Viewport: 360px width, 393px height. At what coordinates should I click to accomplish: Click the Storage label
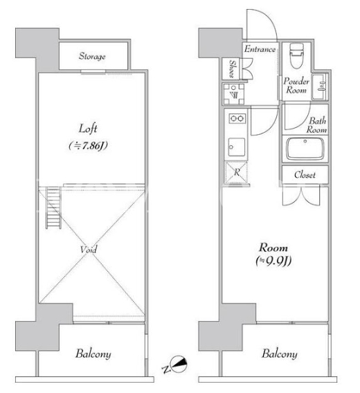92,56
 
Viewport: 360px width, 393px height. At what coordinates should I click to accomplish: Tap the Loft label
88,129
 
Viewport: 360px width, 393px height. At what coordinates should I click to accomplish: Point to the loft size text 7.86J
88,145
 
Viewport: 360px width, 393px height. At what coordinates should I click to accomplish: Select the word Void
89,249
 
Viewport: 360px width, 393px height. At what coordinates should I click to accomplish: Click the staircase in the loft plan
53,208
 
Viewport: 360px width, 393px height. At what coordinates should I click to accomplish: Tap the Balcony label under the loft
93,354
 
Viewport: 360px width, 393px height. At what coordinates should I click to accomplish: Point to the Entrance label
260,49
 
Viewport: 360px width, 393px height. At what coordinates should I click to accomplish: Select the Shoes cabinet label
233,68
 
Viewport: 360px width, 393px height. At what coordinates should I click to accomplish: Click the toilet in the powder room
297,55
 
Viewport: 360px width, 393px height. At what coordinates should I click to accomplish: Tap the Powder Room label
296,85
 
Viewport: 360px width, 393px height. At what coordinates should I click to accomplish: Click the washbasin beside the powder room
319,86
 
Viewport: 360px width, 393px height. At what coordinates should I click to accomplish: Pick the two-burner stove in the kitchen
237,118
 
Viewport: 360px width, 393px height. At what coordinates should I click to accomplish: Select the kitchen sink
237,147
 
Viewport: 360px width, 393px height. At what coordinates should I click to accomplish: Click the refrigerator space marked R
236,172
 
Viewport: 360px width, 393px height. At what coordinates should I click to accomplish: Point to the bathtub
305,149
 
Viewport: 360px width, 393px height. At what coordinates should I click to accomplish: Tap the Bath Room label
317,125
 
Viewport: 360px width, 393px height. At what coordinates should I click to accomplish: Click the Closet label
305,174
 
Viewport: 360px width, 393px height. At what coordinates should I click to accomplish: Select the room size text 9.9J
273,261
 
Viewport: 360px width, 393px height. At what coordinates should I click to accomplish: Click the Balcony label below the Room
280,354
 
